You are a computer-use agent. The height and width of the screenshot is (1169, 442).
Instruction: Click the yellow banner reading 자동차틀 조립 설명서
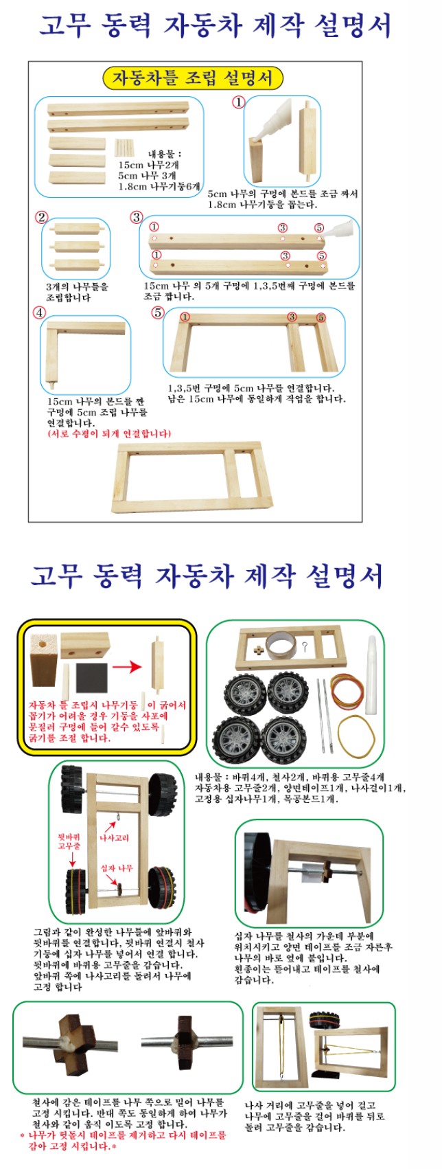[x=193, y=78]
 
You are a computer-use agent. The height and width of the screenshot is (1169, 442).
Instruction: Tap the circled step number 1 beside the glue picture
[x=238, y=102]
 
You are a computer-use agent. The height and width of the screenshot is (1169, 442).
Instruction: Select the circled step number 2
[x=41, y=217]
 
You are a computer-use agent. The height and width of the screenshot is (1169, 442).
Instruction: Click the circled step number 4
[x=40, y=312]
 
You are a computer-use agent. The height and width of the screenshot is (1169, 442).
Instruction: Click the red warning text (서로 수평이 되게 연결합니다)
[x=109, y=433]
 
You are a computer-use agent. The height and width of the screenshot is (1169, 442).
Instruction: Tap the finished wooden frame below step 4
[x=191, y=477]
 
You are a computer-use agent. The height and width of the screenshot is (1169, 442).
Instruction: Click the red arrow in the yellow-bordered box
[x=127, y=666]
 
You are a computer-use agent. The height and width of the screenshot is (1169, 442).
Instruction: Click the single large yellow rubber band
[x=356, y=736]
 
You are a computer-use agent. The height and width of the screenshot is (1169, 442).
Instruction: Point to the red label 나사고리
[x=114, y=837]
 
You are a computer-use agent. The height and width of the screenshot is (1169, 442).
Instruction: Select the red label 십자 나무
[x=117, y=867]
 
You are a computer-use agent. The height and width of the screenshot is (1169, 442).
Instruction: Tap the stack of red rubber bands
[x=347, y=688]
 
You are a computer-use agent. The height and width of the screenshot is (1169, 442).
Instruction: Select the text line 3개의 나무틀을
[x=77, y=286]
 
